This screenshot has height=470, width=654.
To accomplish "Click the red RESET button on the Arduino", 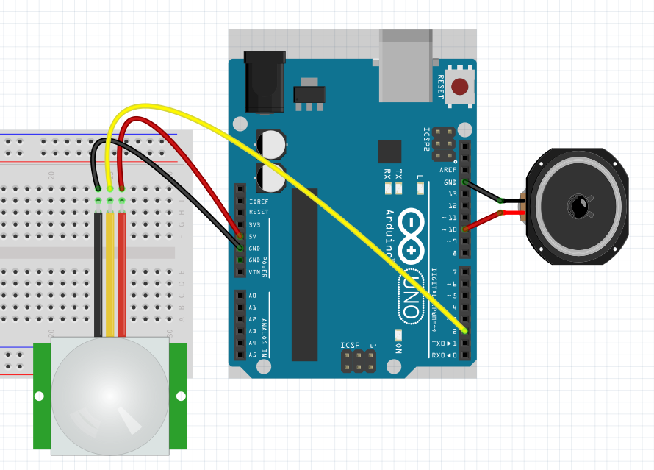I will tap(460, 87).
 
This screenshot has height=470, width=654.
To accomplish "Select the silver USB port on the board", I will tap(406, 65).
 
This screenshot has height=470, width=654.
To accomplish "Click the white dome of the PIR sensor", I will tap(110, 395).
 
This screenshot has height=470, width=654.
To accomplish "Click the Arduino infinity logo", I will tap(412, 235).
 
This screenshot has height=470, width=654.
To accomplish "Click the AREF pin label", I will tap(448, 170).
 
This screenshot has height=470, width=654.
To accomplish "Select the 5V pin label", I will tap(254, 236).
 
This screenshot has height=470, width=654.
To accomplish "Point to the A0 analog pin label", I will tap(253, 296).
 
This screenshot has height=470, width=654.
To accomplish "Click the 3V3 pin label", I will tap(254, 224).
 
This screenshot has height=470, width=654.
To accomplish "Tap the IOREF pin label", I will tap(258, 201).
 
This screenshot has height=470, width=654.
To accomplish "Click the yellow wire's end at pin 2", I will tap(464, 331).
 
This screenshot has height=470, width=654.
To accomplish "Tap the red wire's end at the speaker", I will tap(501, 213).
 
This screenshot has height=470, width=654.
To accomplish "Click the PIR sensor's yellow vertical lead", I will tap(109, 272).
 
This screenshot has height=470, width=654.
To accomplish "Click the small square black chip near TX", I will tap(389, 151).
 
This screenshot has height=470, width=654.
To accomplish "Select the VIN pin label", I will tap(254, 272).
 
